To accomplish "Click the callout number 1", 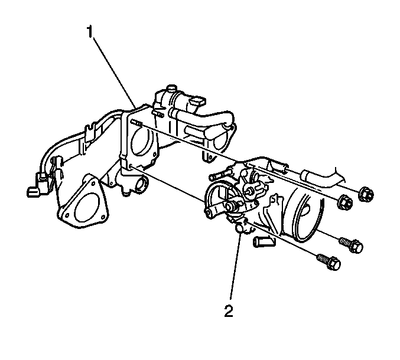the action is (90, 32).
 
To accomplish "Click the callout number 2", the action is (229, 310).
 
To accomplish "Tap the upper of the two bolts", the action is (351, 244).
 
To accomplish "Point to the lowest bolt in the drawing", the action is (329, 262).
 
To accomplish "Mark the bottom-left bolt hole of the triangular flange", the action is (67, 215).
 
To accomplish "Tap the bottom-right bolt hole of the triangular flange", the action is (103, 217).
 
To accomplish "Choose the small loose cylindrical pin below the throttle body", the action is (264, 242).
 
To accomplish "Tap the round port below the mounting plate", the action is (142, 185).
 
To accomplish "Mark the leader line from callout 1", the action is (114, 72).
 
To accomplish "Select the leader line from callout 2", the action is (235, 266).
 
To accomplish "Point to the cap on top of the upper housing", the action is (171, 89).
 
